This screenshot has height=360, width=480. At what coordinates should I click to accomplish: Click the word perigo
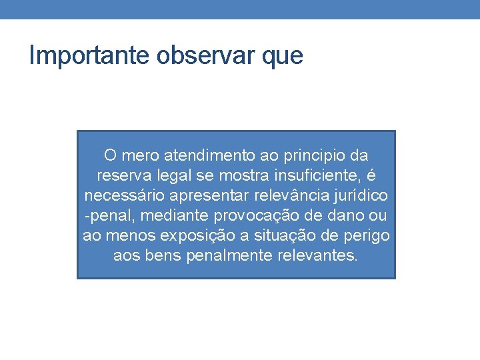point(369,236)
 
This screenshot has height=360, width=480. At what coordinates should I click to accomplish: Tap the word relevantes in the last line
point(315,255)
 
